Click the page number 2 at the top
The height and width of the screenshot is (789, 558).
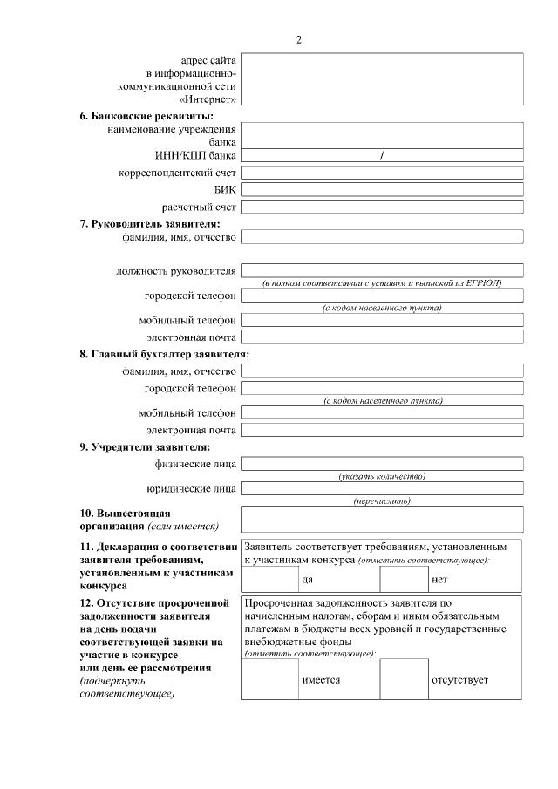[298, 39]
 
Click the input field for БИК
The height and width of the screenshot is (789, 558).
[382, 189]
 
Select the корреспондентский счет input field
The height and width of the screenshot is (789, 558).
[382, 173]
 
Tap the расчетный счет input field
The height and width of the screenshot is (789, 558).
[382, 207]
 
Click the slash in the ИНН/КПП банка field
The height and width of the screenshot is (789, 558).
[382, 155]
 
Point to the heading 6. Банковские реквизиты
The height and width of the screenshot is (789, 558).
[146, 116]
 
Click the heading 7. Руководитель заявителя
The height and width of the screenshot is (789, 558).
[149, 223]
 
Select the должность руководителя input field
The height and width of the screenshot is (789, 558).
[382, 270]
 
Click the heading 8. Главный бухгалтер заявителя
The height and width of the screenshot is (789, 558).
[165, 354]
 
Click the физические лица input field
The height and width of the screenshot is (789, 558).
[382, 463]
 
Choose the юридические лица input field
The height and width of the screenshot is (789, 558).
[382, 488]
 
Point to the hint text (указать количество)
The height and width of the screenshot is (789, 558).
[382, 476]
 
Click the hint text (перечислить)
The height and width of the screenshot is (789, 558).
[382, 500]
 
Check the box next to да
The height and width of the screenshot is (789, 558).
[270, 579]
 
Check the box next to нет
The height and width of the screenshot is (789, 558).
[404, 579]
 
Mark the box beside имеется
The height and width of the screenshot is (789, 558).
[270, 679]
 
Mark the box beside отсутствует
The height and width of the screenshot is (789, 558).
[404, 679]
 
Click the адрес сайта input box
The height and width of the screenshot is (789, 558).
[382, 79]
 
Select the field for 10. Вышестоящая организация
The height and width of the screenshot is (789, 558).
[382, 519]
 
